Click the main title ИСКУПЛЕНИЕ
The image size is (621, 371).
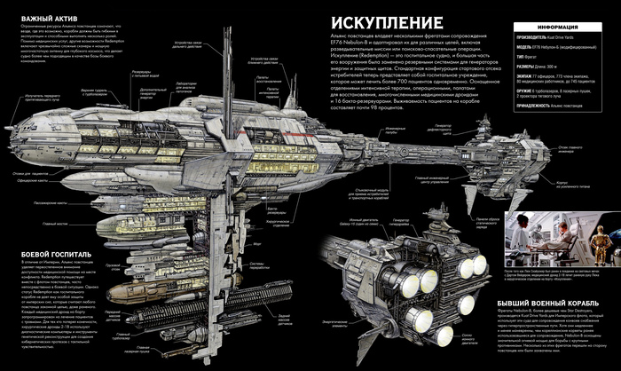(380, 24)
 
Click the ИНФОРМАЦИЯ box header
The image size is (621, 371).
(558, 26)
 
